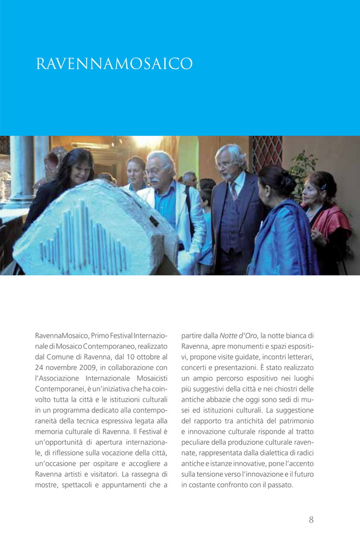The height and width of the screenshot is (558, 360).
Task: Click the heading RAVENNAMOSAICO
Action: click(114, 64)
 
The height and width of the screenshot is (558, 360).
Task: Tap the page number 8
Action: click(311, 519)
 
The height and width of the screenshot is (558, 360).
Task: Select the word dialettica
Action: click(264, 452)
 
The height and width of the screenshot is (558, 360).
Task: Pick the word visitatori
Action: click(98, 474)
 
